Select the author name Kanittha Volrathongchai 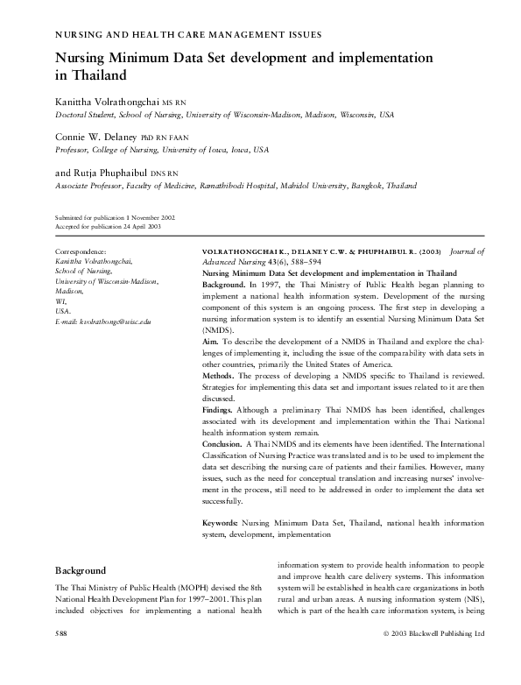click(108, 102)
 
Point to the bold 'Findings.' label click(221, 409)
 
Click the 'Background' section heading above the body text click(81, 569)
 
